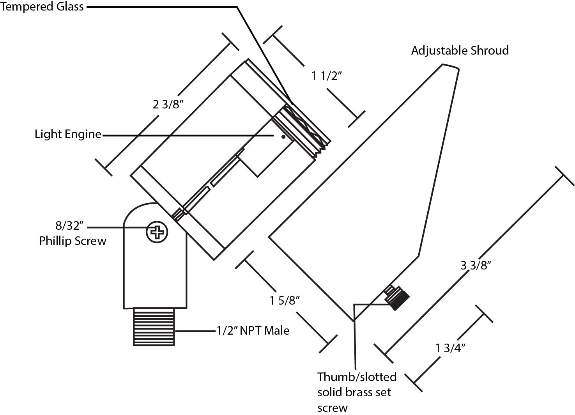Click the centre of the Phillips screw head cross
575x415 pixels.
157,232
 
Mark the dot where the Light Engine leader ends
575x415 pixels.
283,137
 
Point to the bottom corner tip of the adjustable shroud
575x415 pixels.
354,321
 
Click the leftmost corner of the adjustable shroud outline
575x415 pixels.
269,237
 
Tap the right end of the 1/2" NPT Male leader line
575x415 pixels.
215,331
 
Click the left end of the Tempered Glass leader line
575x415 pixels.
87,7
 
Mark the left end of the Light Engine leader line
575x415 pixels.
103,136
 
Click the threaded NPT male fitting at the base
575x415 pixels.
154,327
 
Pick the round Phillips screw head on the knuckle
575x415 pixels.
157,232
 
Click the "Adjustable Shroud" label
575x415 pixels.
460,51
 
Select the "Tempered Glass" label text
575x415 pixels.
42,7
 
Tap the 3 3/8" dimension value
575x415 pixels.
476,265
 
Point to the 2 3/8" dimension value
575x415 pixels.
168,105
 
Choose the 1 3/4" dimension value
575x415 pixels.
451,348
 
